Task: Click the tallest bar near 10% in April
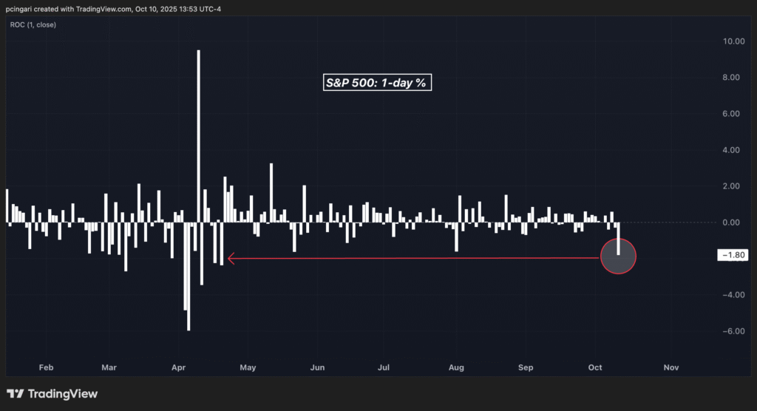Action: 198,133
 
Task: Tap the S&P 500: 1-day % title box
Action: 377,83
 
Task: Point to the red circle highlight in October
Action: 618,256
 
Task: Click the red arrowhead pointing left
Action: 231,259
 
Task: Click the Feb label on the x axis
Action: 46,367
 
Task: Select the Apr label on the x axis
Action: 178,367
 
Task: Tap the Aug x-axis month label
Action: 456,367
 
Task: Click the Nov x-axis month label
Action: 671,367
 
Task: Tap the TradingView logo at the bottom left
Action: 52,394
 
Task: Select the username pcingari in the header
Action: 22,8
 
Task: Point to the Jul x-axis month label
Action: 384,367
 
